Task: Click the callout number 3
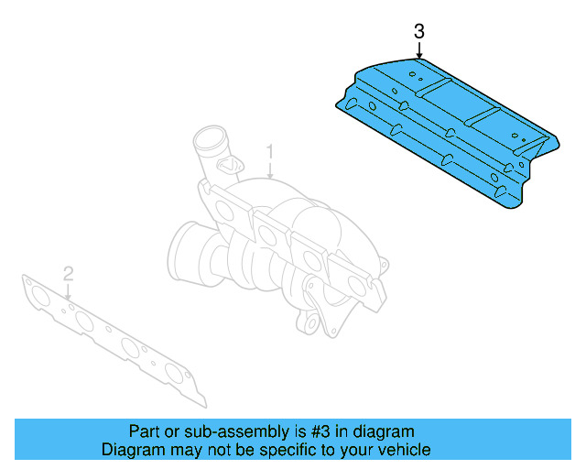tap(418, 32)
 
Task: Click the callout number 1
tap(270, 150)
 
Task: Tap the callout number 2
tap(68, 272)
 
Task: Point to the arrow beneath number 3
tap(418, 50)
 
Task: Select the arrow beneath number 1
tap(270, 169)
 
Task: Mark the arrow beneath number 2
tap(68, 290)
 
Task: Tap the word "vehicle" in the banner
tap(404, 450)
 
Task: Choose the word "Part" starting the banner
tap(143, 431)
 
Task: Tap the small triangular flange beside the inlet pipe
tap(230, 164)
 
